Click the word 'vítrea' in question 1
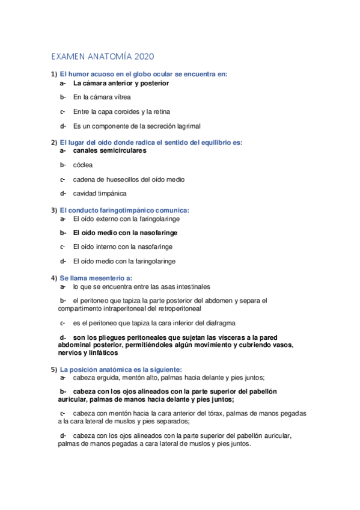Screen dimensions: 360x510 121,97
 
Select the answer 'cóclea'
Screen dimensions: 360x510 83,164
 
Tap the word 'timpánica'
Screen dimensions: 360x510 112,194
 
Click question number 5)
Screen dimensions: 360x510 54,369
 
